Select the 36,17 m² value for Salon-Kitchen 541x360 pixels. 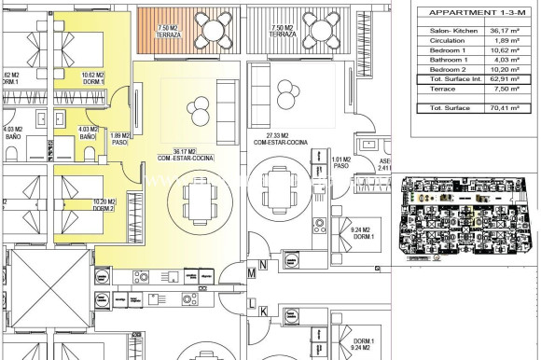(509, 30)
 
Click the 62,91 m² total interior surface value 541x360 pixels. (509, 80)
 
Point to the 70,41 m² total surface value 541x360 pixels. (509, 109)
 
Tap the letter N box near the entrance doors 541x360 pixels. (263, 265)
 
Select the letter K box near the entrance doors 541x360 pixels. (264, 312)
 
